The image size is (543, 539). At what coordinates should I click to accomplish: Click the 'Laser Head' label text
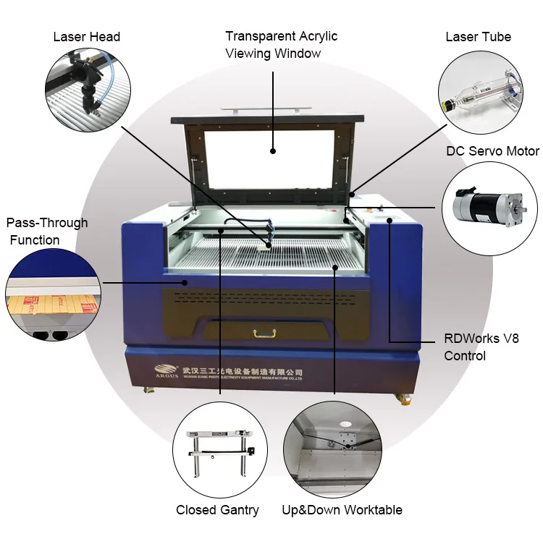(x=86, y=37)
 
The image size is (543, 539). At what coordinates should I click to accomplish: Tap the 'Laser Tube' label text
(x=478, y=37)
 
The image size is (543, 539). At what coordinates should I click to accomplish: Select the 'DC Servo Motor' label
(x=492, y=151)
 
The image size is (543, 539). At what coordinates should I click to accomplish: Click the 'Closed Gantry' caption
(x=217, y=510)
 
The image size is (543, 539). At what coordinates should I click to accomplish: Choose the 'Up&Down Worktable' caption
(x=342, y=510)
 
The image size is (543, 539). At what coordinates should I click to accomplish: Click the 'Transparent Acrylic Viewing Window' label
(x=281, y=44)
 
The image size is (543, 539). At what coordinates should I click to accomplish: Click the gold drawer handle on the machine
(x=265, y=333)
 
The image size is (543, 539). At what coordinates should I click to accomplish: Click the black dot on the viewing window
(x=273, y=151)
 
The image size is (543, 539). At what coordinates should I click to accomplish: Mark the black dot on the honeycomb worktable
(x=335, y=267)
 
